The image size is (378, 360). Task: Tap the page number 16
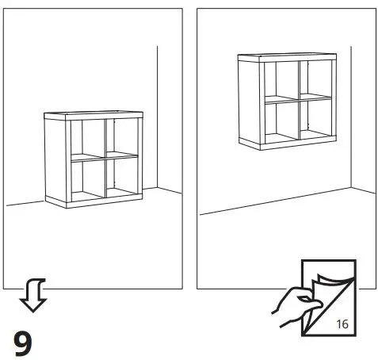(x=342, y=324)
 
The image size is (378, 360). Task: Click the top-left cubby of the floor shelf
(x=87, y=140)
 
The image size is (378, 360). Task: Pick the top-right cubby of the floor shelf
(x=120, y=138)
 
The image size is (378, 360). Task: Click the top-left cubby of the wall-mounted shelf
(x=280, y=80)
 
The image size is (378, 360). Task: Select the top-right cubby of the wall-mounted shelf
(x=314, y=79)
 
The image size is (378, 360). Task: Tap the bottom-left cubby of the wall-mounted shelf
(x=280, y=120)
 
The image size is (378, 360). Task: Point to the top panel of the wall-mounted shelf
(x=288, y=57)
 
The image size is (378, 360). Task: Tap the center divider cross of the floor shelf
(x=105, y=157)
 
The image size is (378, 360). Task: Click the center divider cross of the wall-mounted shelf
(x=298, y=98)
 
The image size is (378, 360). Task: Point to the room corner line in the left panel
(x=158, y=119)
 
